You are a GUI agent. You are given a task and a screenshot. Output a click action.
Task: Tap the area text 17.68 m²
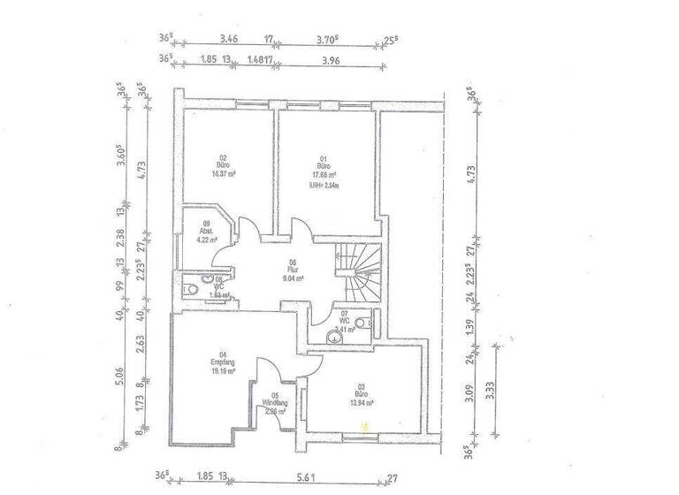[x=323, y=175]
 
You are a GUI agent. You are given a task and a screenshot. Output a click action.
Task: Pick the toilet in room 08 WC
[x=189, y=291]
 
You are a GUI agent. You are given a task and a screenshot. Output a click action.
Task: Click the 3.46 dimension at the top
[x=229, y=39]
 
